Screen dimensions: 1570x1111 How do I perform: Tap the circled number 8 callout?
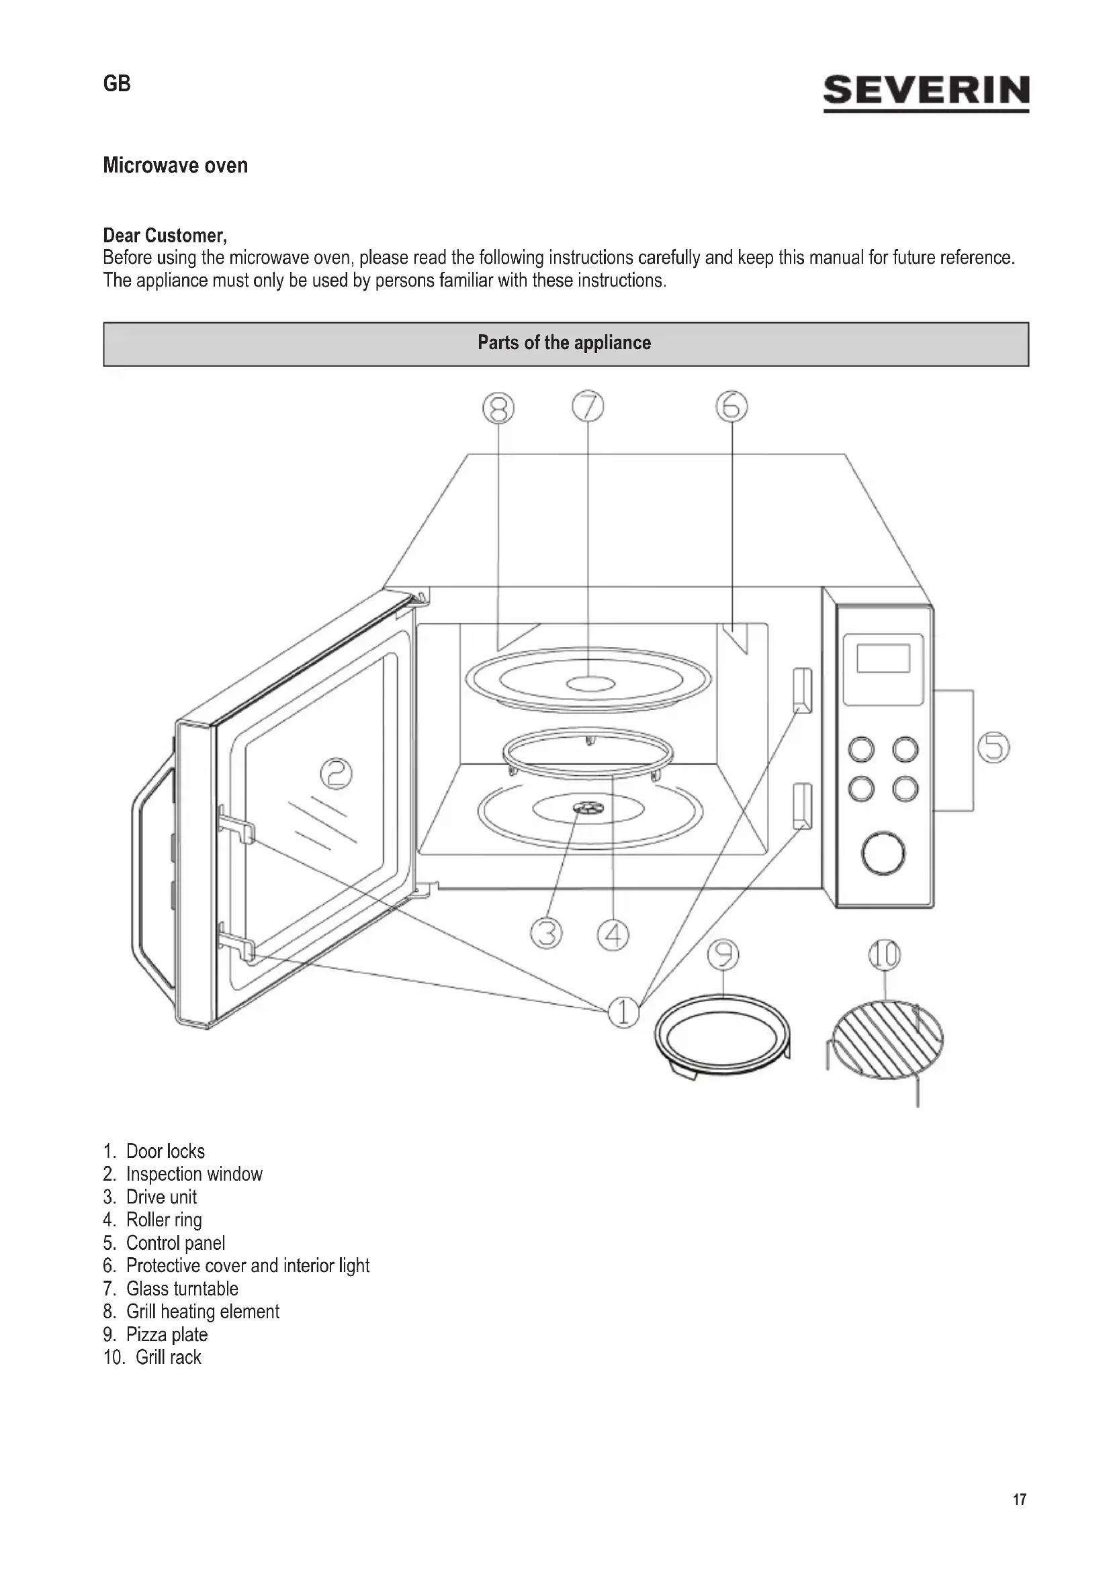498,408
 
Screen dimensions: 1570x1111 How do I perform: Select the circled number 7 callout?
588,406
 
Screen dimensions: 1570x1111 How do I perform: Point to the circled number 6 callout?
731,406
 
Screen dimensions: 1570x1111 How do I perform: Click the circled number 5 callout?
993,746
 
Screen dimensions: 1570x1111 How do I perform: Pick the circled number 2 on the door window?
337,773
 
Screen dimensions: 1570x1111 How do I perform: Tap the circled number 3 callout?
546,934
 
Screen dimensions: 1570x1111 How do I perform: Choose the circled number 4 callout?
613,935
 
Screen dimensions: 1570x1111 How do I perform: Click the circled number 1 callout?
623,1012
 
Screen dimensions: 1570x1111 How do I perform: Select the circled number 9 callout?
723,954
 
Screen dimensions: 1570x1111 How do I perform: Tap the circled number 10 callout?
885,954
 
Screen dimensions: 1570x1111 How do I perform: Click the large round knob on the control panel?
883,852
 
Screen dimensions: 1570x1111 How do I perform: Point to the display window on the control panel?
883,658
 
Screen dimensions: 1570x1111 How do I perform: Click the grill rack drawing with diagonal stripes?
886,1040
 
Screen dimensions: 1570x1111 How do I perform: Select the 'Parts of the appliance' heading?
564,343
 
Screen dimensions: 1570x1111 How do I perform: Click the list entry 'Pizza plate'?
166,1334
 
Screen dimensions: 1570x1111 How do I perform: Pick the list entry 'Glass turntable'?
182,1288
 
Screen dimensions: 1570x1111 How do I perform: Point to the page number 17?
1020,1500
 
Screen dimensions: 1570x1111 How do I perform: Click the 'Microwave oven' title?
175,166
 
